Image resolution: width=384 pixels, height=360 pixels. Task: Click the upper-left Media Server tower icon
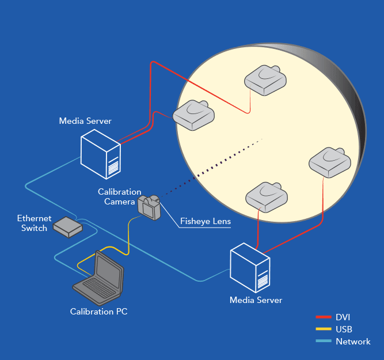(x=100, y=154)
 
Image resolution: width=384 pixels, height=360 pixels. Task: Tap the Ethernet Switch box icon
(x=67, y=228)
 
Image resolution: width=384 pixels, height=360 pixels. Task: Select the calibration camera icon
(x=150, y=207)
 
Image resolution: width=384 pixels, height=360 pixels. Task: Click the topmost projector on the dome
(x=264, y=81)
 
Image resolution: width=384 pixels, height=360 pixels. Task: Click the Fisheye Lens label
(x=205, y=220)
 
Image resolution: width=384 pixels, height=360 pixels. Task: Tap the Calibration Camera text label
(x=120, y=196)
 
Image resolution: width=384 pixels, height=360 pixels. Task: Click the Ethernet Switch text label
(x=34, y=223)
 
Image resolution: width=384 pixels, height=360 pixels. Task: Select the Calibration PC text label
(x=98, y=312)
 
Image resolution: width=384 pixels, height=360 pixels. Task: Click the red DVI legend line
(x=323, y=317)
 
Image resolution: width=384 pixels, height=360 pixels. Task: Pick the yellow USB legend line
(x=323, y=329)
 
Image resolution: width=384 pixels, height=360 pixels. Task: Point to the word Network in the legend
(x=353, y=342)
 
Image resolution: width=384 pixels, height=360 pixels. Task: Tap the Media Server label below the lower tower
(x=256, y=300)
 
